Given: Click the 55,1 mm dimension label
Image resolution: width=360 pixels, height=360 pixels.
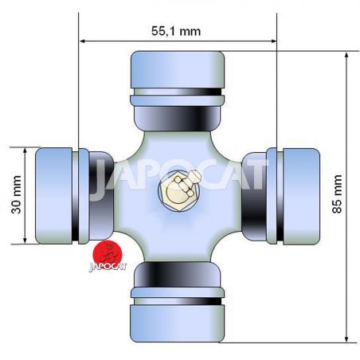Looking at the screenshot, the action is point(176,31).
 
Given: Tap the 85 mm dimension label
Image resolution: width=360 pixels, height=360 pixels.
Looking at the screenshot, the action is point(337,194).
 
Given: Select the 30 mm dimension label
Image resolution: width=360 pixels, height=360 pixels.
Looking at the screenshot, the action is point(17,194).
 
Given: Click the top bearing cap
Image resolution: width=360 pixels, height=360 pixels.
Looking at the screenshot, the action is point(178,69).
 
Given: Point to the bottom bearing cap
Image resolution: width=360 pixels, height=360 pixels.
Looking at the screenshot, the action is point(178,323).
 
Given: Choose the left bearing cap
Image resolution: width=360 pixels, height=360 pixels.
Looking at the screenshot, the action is point(53,196).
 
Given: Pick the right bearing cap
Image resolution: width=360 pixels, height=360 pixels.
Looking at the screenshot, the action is point(301,197).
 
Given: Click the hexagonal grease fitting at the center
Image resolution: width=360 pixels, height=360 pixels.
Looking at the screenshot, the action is point(178,191).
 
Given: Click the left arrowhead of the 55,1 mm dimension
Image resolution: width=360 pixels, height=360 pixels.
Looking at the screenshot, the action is point(82,41).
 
